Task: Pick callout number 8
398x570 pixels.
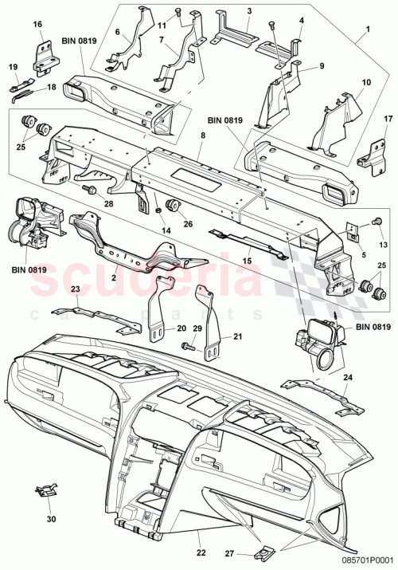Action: click(203, 136)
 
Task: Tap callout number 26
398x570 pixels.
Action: click(187, 223)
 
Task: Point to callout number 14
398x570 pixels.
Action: click(166, 230)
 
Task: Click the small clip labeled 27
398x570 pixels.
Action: click(263, 552)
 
